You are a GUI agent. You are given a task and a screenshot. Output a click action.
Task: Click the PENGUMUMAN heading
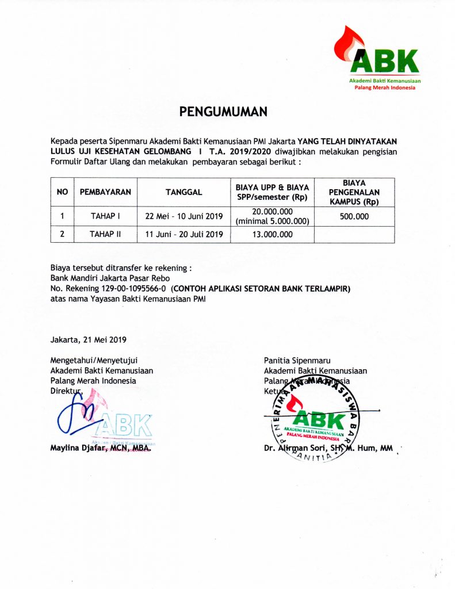tap(223, 112)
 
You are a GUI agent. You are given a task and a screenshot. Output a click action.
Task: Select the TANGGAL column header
tap(183, 192)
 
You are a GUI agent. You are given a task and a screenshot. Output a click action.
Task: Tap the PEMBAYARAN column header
tap(105, 192)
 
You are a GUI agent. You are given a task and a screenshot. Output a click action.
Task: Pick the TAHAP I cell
tap(105, 217)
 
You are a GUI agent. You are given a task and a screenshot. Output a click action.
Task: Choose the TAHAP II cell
tap(105, 234)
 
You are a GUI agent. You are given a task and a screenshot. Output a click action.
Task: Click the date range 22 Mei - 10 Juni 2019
tap(183, 217)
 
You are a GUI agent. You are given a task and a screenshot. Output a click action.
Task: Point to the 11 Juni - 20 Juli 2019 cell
tap(183, 234)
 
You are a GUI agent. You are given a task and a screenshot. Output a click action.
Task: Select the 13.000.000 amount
tap(272, 234)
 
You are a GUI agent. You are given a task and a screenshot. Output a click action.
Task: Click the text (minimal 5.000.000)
tap(272, 221)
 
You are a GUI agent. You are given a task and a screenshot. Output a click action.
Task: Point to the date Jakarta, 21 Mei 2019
tap(89, 339)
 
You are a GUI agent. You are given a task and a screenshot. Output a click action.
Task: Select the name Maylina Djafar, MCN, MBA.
tap(101, 448)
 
